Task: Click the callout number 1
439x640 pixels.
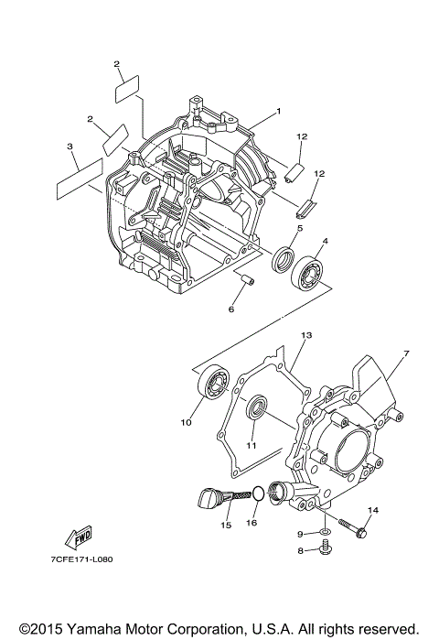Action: pos(278,112)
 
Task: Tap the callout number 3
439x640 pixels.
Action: pos(70,146)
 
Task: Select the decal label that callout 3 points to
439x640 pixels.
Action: pos(77,178)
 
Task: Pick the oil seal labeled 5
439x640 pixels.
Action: pos(284,259)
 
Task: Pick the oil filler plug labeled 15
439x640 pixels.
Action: pos(209,498)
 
